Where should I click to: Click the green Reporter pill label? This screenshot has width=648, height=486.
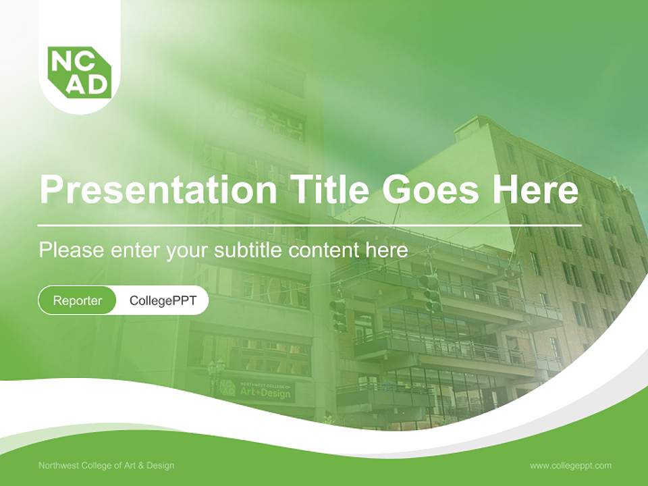coord(78,300)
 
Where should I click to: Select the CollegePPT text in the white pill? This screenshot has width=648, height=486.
coord(163,300)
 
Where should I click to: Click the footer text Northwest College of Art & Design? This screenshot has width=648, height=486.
coord(106,466)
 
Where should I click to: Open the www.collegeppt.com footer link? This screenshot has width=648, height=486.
coord(570,466)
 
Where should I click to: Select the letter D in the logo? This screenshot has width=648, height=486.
coord(96,84)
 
